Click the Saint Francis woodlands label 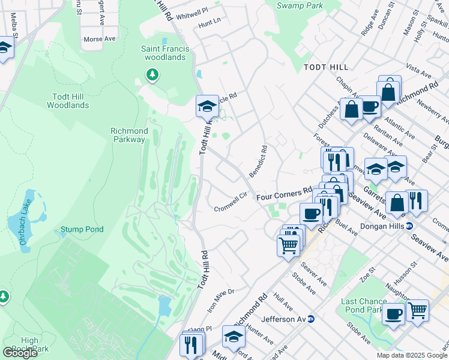(165, 53)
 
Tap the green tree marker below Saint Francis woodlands (152, 74)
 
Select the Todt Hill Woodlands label (68, 100)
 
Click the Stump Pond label (82, 229)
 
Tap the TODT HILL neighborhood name (327, 68)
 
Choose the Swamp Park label (300, 5)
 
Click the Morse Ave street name (99, 38)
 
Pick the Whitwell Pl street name (193, 11)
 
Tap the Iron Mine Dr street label (220, 300)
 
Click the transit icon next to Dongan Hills (409, 226)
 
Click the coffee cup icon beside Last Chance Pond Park (394, 314)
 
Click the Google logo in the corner (20, 353)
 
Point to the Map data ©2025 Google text (412, 355)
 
